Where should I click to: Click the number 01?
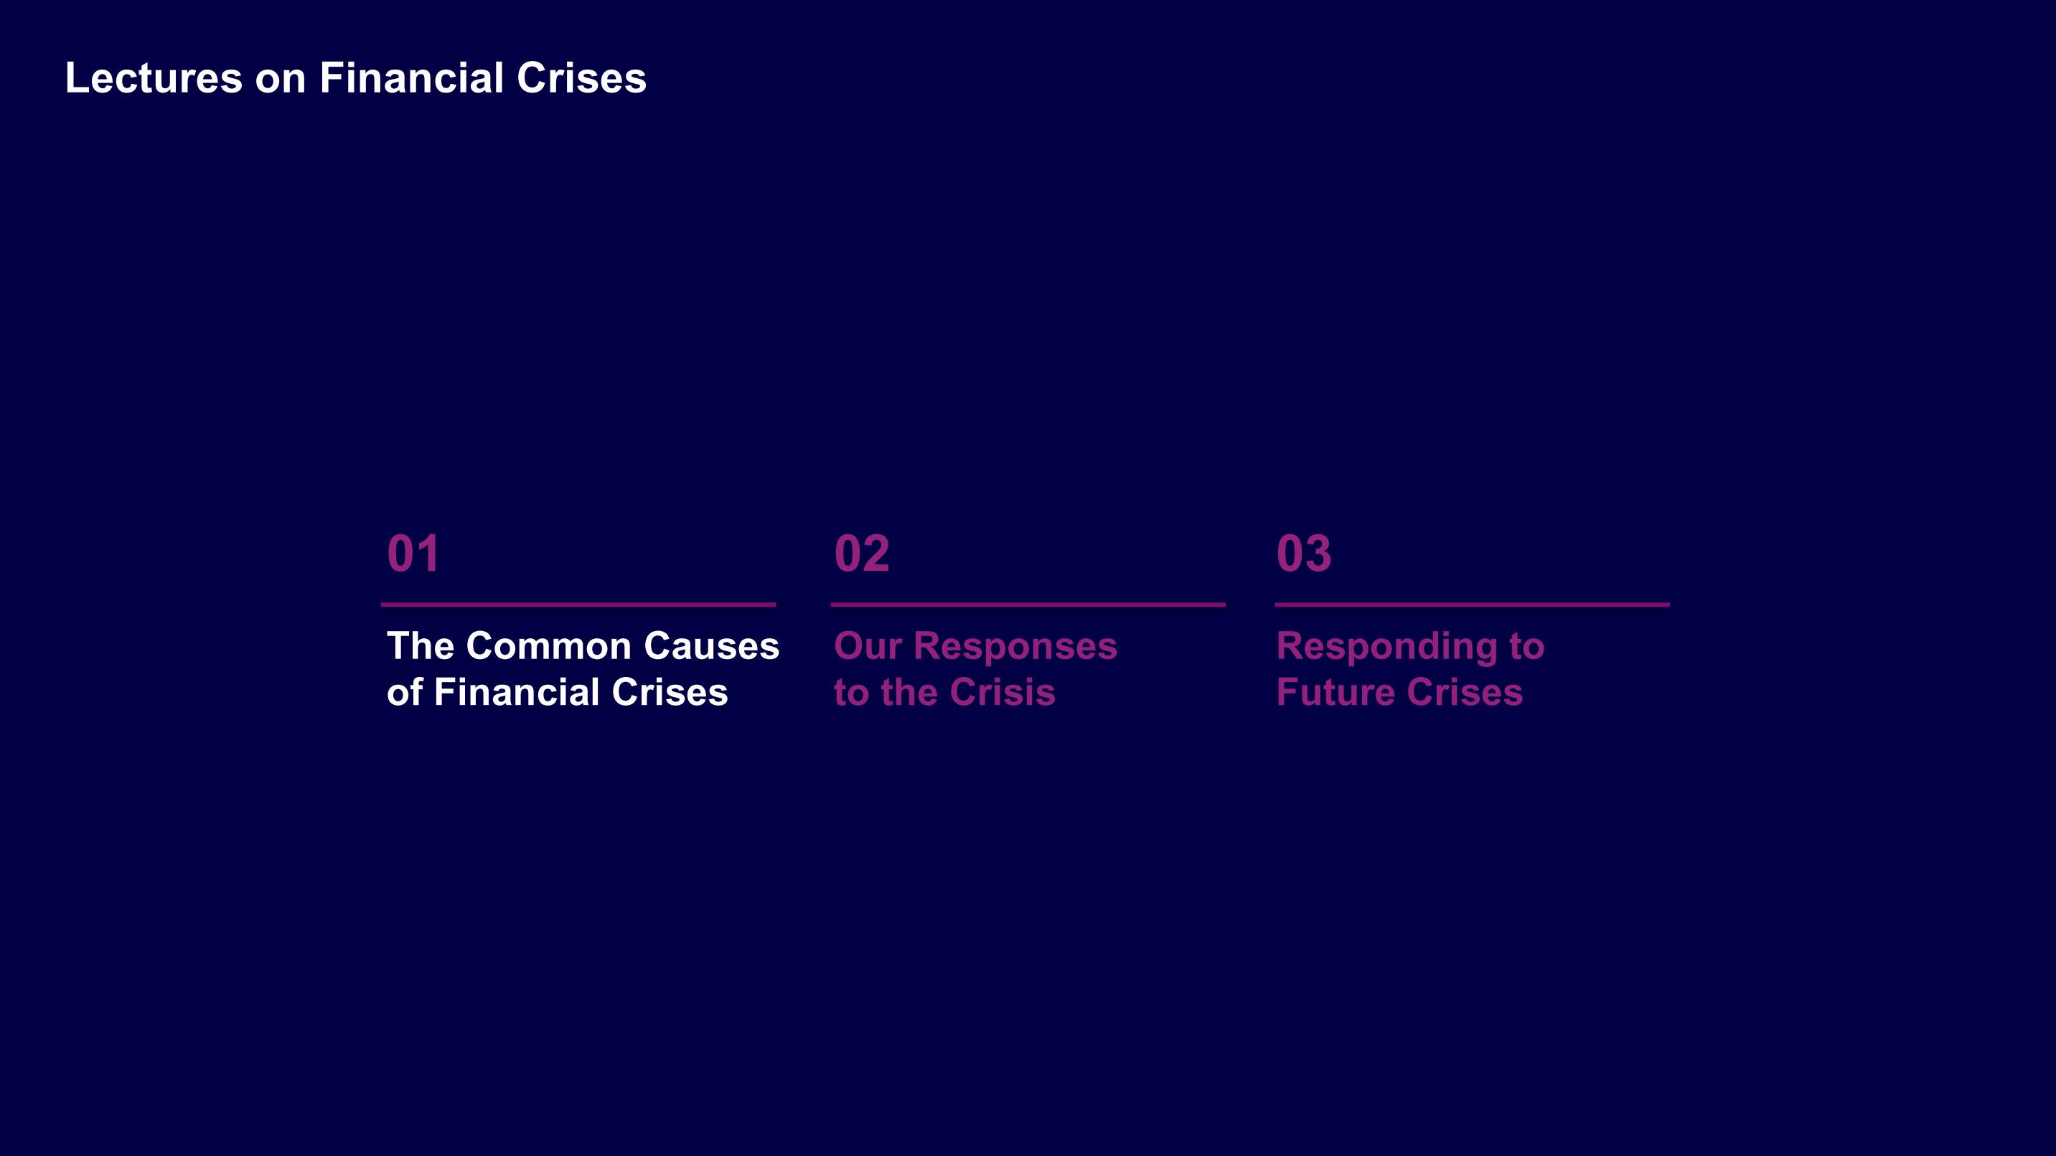[413, 553]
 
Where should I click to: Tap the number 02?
[861, 553]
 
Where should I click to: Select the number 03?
[1303, 553]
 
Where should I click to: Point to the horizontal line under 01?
[578, 605]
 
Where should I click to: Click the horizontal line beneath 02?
[1028, 605]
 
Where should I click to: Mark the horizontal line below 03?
[1472, 605]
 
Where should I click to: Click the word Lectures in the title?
[154, 78]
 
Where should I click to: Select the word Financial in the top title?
[411, 78]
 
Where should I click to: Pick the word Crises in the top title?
[581, 78]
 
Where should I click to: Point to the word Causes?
[711, 646]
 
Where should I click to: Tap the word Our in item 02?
[867, 646]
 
